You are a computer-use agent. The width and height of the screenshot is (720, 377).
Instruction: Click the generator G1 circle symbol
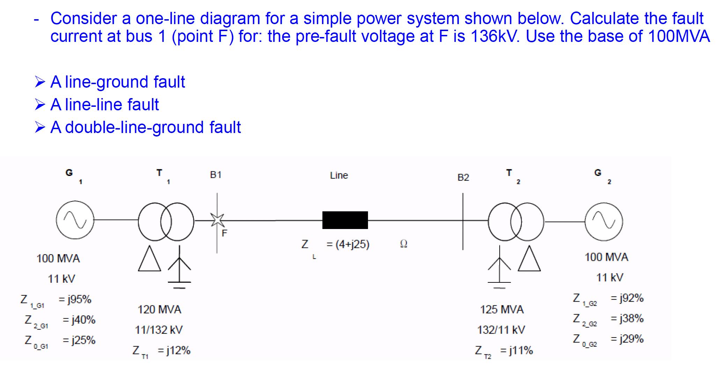pyautogui.click(x=75, y=220)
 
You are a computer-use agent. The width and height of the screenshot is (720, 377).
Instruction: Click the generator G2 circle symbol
pyautogui.click(x=604, y=222)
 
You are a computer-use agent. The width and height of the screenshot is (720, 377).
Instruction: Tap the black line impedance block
pyautogui.click(x=345, y=220)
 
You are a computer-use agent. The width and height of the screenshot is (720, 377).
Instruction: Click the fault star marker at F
pyautogui.click(x=217, y=220)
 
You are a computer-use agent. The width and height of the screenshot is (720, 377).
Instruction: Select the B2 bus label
pyautogui.click(x=463, y=177)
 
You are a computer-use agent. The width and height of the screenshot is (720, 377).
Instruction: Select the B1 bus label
pyautogui.click(x=216, y=175)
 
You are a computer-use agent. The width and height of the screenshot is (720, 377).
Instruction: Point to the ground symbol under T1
pyautogui.click(x=179, y=283)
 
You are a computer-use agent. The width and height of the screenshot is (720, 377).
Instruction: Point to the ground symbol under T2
pyautogui.click(x=499, y=283)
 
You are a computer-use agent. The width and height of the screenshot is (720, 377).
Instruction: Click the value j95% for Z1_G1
pyautogui.click(x=79, y=300)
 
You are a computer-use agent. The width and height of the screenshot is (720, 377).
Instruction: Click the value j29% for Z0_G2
pyautogui.click(x=631, y=339)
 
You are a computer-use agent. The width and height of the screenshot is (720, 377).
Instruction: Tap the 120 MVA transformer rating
pyautogui.click(x=159, y=309)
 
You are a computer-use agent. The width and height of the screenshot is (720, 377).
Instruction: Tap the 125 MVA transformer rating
pyautogui.click(x=502, y=309)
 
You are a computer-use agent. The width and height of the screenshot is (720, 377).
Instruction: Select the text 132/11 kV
pyautogui.click(x=501, y=330)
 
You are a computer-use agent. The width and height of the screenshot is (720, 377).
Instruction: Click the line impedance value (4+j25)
pyautogui.click(x=352, y=244)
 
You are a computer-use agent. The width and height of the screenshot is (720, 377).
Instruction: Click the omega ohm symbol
pyautogui.click(x=404, y=244)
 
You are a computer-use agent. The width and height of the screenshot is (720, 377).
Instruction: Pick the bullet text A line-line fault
pyautogui.click(x=104, y=105)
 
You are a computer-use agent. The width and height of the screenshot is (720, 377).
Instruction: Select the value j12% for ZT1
pyautogui.click(x=178, y=350)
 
